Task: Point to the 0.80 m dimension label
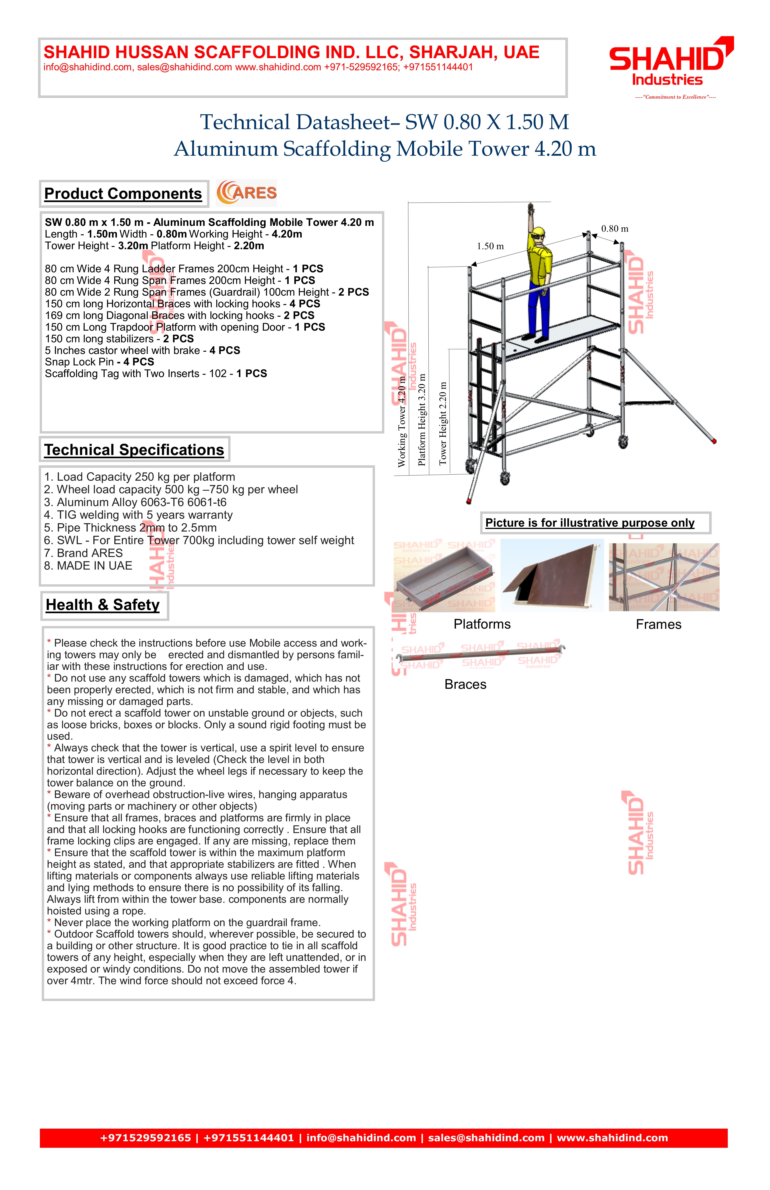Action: point(615,229)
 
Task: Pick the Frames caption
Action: point(658,624)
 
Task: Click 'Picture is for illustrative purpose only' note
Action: point(590,523)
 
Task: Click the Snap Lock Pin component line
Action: point(99,362)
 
